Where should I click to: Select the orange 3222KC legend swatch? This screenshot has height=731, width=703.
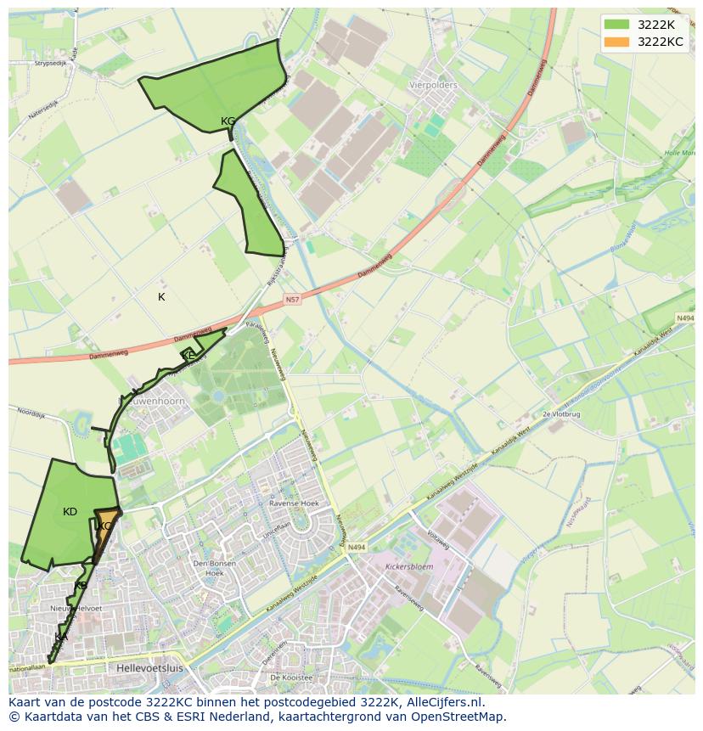(x=617, y=42)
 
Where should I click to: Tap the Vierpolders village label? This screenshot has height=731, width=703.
(x=433, y=86)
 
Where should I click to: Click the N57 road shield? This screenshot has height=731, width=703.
(x=292, y=300)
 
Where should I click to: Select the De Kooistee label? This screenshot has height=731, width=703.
(x=291, y=678)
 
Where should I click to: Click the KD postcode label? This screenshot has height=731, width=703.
(x=70, y=512)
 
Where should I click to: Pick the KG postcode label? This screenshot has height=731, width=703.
(x=228, y=121)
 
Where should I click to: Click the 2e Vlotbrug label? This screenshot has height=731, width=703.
(x=560, y=413)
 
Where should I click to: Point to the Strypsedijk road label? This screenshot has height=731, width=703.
(x=49, y=64)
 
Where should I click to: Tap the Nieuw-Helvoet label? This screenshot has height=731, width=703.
(x=76, y=609)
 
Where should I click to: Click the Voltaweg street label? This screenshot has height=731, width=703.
(x=437, y=537)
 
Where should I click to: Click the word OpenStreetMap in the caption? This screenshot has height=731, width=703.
(x=463, y=717)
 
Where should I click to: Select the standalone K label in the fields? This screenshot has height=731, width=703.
(x=161, y=297)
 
